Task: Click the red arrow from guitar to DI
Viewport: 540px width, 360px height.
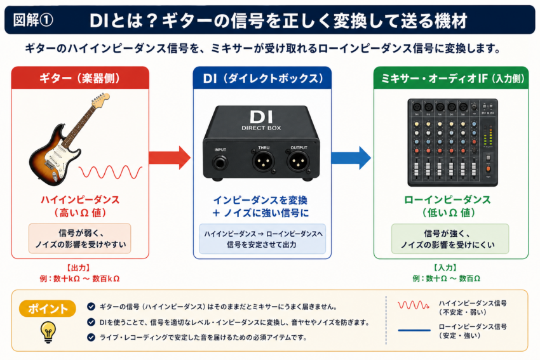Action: [170, 157]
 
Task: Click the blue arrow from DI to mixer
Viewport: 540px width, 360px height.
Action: [351, 157]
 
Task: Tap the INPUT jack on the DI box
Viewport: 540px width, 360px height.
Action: [220, 163]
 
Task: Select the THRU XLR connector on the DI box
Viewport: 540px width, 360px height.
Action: [264, 161]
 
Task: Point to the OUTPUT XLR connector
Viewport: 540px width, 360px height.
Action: [298, 161]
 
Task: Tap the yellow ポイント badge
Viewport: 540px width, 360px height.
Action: [48, 309]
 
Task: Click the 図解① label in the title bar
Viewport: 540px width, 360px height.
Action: [33, 20]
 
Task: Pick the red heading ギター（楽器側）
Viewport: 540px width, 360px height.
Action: [80, 78]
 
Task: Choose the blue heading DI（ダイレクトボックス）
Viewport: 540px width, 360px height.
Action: [263, 79]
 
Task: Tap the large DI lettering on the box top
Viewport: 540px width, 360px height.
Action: [261, 117]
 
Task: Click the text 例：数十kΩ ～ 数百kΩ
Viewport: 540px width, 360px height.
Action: [80, 279]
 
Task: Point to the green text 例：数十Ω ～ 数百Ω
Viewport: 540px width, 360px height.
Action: [447, 279]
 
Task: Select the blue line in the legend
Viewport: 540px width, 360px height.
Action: [414, 330]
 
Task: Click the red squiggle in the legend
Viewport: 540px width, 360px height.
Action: [414, 305]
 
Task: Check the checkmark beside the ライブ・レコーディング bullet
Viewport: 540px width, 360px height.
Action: [91, 337]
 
